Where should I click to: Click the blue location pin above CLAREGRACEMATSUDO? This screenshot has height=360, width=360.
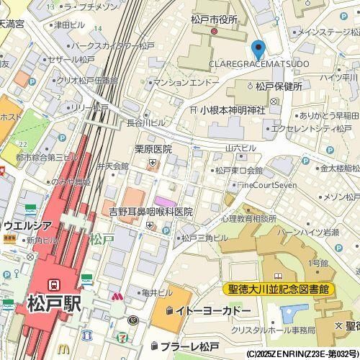click(x=258, y=50)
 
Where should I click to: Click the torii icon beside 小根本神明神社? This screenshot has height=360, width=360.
click(x=194, y=110)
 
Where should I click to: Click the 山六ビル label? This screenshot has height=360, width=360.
click(x=240, y=148)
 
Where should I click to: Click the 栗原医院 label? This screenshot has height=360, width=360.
click(x=153, y=149)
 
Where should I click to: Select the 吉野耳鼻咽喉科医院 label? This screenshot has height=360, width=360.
click(x=150, y=212)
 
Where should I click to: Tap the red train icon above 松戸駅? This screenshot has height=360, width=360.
click(x=54, y=283)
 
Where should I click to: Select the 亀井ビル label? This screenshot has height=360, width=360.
click(x=157, y=293)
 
